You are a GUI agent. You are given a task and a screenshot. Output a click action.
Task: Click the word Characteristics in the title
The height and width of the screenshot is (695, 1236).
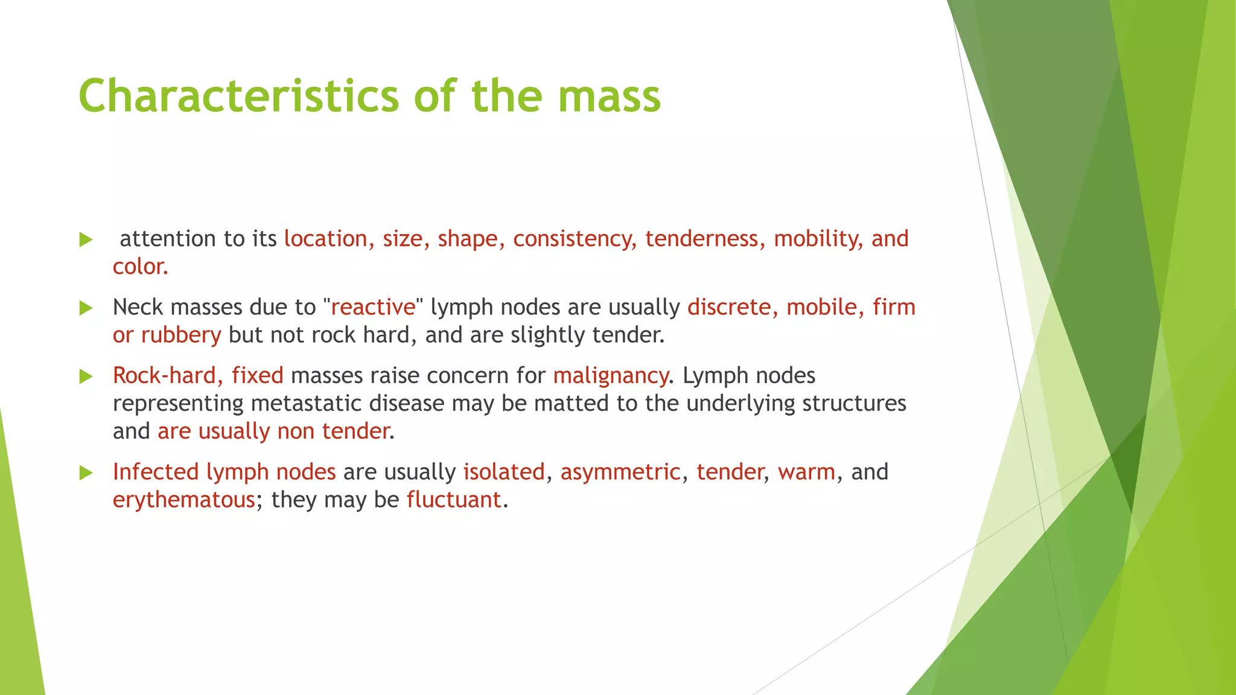tap(238, 97)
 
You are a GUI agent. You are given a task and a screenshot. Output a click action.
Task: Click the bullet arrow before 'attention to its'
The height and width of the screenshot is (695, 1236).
tap(86, 240)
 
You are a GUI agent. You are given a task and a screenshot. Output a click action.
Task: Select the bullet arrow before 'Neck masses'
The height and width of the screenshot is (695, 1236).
tap(86, 308)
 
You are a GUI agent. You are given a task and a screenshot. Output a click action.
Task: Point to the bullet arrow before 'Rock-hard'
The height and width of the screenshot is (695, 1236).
tap(86, 376)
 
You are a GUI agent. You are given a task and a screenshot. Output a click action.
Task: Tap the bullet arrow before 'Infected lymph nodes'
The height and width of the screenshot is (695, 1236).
tap(86, 473)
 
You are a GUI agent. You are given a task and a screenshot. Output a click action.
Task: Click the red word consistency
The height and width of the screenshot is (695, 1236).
tap(574, 239)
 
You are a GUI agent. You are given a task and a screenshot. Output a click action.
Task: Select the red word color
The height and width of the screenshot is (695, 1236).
tap(139, 267)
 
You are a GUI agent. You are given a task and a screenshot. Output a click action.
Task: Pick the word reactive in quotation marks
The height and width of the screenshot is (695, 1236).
tap(373, 308)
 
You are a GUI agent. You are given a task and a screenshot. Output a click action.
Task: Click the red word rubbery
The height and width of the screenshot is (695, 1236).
tap(181, 335)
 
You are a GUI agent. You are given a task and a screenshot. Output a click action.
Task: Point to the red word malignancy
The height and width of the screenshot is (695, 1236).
tap(610, 376)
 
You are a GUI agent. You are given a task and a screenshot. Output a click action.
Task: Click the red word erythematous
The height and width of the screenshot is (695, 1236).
tap(183, 500)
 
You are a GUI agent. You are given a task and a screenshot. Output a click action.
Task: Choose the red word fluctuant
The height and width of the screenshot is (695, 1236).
tap(454, 500)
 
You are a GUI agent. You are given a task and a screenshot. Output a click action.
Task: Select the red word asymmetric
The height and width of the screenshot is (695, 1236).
tap(620, 472)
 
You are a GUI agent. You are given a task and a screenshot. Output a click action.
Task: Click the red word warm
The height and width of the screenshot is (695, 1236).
tap(806, 472)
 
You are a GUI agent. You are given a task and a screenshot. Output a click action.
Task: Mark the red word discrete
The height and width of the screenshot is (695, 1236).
tap(728, 307)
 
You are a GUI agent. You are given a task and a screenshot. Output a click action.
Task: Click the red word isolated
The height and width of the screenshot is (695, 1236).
tap(504, 472)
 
